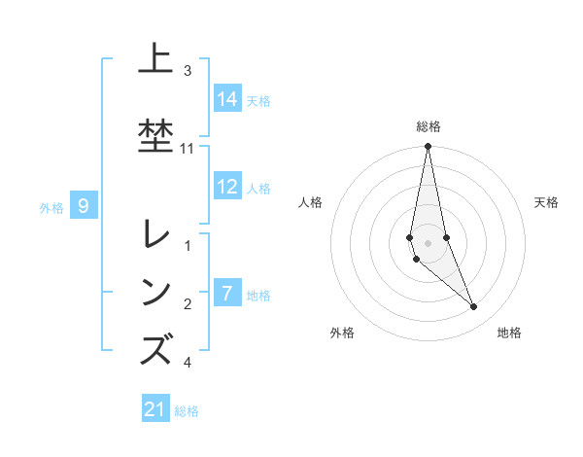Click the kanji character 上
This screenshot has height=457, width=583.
tap(156, 59)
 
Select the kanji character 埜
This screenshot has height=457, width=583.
tap(156, 135)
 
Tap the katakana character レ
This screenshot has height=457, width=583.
tap(156, 235)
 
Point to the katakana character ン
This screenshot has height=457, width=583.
tap(156, 291)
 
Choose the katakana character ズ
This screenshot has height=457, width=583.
tap(156, 348)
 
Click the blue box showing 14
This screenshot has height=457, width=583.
tap(227, 98)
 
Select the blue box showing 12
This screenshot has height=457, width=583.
tap(227, 187)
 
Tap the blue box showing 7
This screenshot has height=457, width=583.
tap(227, 292)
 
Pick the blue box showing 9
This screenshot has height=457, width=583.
tap(85, 205)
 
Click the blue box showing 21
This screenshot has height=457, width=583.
tap(155, 409)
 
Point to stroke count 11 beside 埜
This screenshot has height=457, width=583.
tap(188, 149)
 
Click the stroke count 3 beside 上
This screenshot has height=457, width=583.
tap(188, 71)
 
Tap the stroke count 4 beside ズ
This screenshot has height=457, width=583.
tap(188, 363)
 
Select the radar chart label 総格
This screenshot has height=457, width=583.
tap(429, 126)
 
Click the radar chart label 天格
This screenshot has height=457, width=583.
tap(546, 202)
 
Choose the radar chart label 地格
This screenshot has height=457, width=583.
tap(509, 333)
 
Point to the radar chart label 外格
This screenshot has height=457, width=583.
tap(342, 333)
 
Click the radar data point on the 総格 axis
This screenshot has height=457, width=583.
tap(428, 147)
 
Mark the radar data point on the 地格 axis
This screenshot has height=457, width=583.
tap(474, 307)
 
